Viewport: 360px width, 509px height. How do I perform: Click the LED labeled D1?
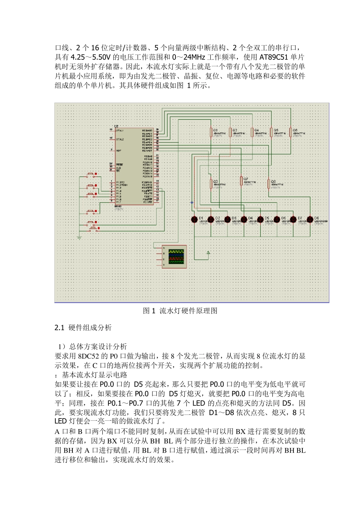point(194,219)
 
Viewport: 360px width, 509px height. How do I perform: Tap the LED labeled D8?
point(310,219)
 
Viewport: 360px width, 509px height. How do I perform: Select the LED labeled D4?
point(244,219)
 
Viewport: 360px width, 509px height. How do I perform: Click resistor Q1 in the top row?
point(211,132)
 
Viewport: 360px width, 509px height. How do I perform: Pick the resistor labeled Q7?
point(241,181)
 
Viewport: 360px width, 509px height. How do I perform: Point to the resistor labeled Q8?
point(269,184)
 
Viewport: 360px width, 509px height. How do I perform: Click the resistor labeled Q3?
point(211,184)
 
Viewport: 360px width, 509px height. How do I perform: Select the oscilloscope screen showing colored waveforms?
point(176,256)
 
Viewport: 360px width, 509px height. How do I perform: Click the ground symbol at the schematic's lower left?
point(79,237)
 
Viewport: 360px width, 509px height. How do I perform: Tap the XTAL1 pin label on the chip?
point(119,130)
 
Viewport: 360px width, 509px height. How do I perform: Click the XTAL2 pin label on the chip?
point(119,139)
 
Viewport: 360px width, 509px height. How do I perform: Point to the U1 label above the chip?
point(116,126)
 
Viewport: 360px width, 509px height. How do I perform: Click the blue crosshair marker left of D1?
point(191,203)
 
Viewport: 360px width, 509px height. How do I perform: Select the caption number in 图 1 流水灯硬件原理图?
point(153,311)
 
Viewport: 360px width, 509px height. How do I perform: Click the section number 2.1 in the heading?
point(59,328)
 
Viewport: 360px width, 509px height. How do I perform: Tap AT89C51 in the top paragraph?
point(274,57)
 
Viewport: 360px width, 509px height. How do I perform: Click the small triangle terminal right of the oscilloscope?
point(208,252)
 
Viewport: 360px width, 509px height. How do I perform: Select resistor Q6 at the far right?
point(290,132)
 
